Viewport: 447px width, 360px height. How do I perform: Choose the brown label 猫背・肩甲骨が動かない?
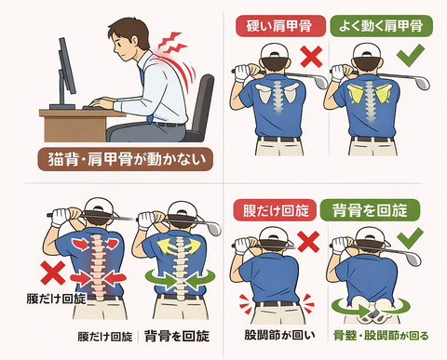125,159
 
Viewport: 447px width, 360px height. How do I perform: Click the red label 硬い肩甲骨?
280,26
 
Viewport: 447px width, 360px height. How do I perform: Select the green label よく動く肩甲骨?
381,26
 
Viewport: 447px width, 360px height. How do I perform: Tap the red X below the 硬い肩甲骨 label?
311,56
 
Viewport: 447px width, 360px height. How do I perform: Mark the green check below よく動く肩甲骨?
411,56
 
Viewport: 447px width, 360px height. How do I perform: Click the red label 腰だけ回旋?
275,210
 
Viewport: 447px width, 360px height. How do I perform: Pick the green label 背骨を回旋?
370,210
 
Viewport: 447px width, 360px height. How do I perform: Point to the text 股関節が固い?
279,335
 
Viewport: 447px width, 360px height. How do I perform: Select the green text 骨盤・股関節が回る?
381,335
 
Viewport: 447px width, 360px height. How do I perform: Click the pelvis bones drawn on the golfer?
372,308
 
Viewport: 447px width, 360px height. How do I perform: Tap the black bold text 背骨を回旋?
177,336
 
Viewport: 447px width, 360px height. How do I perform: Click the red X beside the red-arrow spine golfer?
53,273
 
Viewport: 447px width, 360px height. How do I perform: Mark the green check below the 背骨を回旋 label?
410,238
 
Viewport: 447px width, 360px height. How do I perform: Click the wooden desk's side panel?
74,129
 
